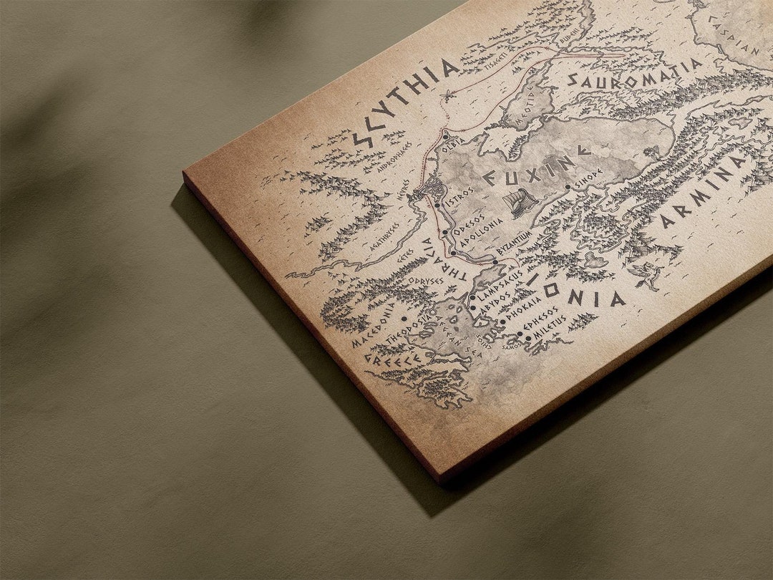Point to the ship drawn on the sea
pos(520,203)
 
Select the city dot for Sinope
pos(568,188)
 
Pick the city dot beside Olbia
pos(445,135)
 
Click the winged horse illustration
pos(646,276)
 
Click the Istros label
pos(459,199)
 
